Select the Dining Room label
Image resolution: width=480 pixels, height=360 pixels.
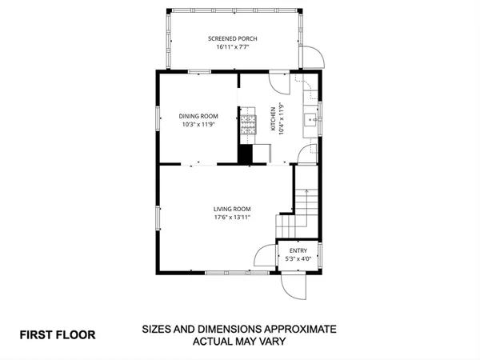198,116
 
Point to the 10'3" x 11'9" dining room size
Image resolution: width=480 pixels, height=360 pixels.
198,125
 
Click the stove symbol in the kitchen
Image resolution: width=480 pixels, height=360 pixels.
248,124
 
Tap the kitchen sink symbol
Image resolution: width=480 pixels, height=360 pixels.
310,122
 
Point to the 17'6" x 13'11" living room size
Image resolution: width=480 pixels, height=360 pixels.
232,218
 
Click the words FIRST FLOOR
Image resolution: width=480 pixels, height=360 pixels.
58,334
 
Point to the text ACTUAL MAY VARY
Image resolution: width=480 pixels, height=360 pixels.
240,342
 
